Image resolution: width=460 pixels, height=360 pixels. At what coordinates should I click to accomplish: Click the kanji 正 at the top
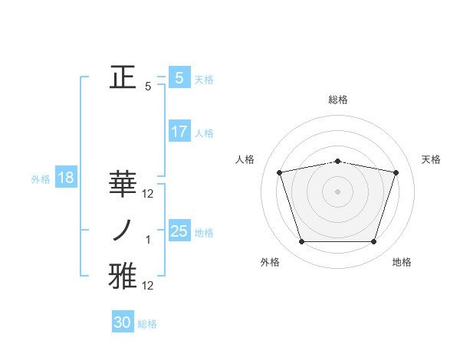[x=121, y=77]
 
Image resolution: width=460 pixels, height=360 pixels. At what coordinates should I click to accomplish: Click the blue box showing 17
[x=179, y=132]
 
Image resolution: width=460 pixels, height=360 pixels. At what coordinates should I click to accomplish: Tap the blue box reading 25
[x=179, y=231]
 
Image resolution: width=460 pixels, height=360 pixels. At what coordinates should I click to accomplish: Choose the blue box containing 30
[x=123, y=322]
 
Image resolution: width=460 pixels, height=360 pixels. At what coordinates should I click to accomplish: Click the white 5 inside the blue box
[x=179, y=77]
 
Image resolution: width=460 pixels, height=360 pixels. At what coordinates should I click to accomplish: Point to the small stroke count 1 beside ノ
[x=149, y=240]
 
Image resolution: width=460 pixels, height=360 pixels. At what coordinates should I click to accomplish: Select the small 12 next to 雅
[x=149, y=286]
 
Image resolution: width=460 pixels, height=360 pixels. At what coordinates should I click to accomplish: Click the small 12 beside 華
[x=149, y=194]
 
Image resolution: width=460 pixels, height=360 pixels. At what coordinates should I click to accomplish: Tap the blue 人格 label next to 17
[x=204, y=133]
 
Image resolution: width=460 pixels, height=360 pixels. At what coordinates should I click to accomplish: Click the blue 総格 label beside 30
[x=147, y=324]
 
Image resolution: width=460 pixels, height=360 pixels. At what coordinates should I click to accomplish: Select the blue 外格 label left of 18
[x=41, y=180]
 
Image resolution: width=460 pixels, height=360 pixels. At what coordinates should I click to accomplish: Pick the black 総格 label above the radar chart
[x=337, y=100]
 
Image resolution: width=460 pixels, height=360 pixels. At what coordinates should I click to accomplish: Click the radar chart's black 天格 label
[x=432, y=159]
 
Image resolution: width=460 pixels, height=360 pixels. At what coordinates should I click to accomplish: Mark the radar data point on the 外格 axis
[x=301, y=242]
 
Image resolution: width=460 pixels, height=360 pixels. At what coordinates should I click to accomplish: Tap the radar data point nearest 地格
[x=373, y=242]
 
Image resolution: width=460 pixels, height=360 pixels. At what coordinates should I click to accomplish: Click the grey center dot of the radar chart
[x=337, y=191]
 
